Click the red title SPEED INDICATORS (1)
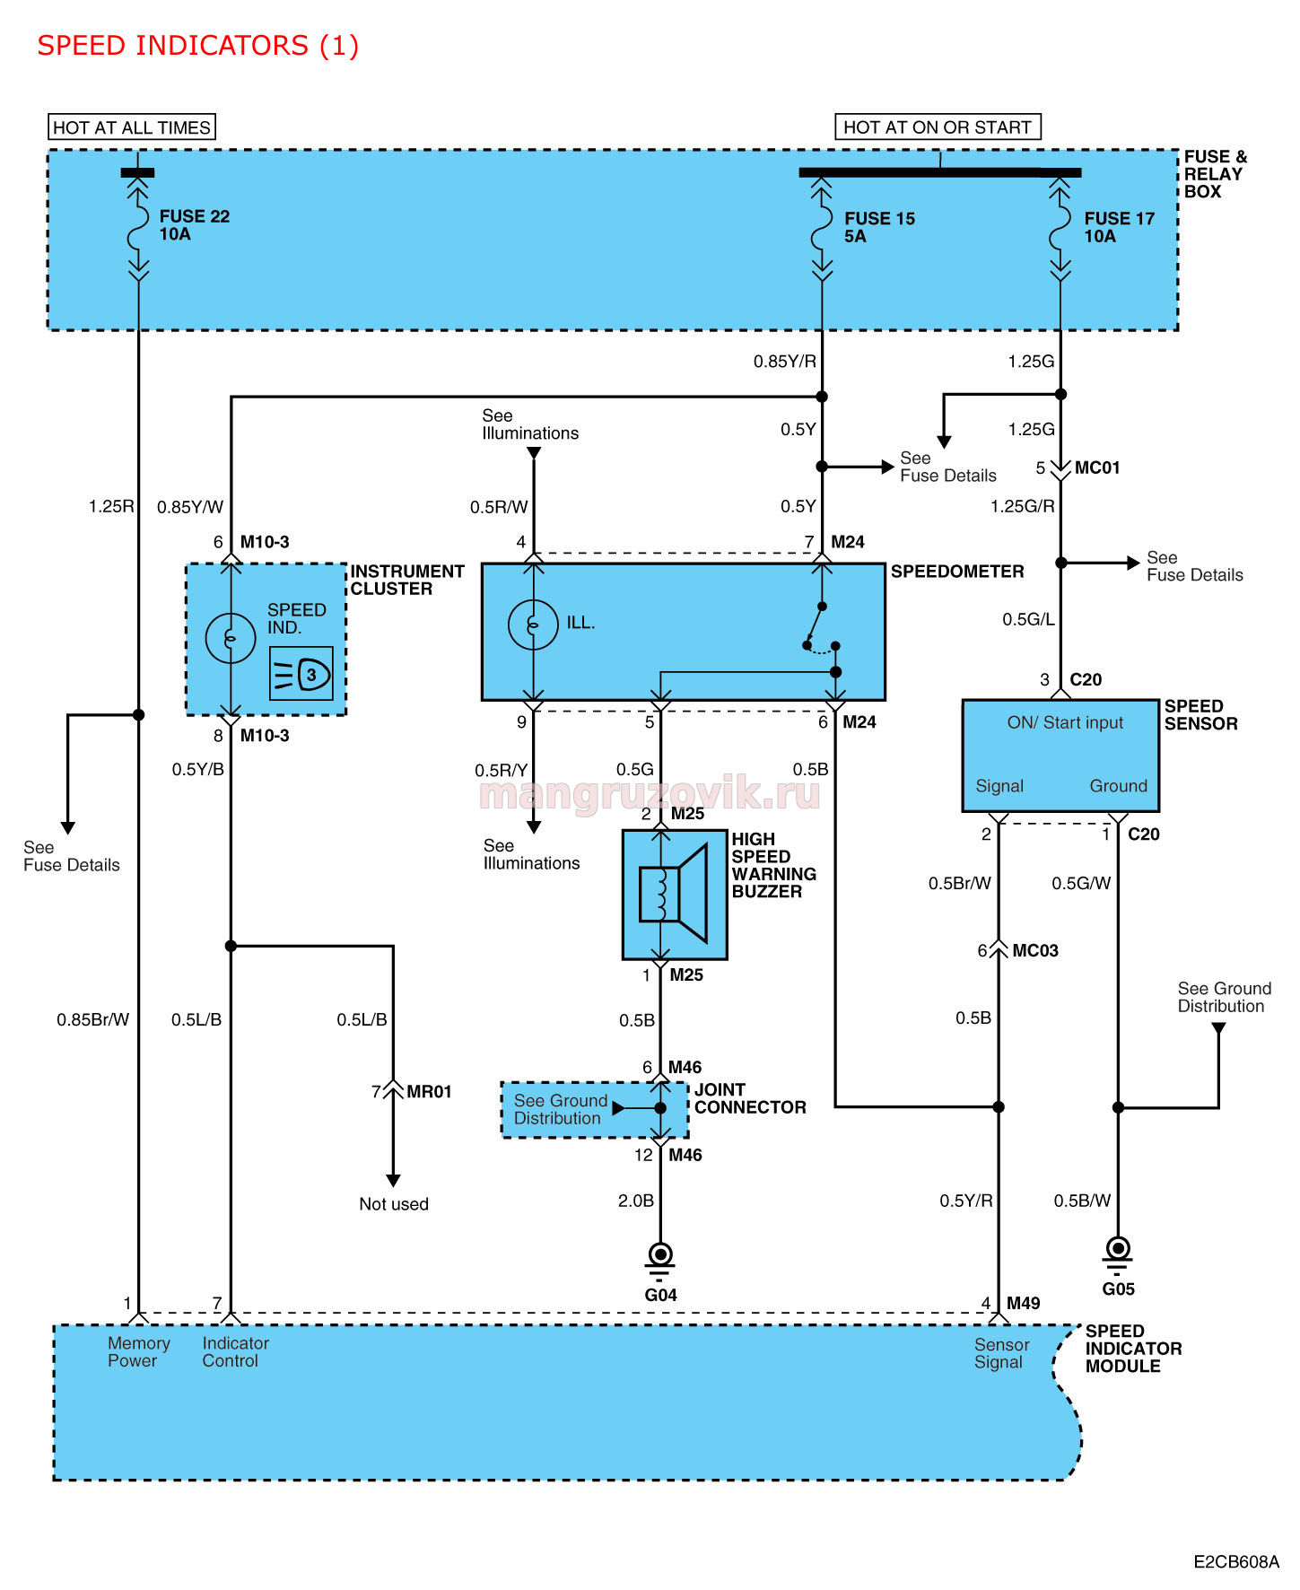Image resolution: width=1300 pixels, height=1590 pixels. pyautogui.click(x=197, y=45)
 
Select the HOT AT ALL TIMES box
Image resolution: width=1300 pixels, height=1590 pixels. pyautogui.click(x=132, y=127)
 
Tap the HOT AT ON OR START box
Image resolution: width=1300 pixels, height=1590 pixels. pyautogui.click(x=938, y=127)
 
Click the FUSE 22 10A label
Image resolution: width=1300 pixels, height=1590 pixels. pyautogui.click(x=194, y=225)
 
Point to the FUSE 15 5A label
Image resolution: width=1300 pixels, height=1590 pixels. pyautogui.click(x=879, y=227)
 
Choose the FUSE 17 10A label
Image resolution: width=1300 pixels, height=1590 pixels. pyautogui.click(x=1119, y=227)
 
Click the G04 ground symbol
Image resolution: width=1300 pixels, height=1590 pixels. pyautogui.click(x=660, y=1260)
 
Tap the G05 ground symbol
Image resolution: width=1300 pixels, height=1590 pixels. pyautogui.click(x=1118, y=1254)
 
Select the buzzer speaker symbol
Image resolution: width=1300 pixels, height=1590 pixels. pyautogui.click(x=674, y=895)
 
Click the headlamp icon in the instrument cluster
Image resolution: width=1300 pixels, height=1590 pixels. pyautogui.click(x=301, y=673)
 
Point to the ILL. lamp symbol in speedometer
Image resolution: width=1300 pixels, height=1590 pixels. pyautogui.click(x=533, y=624)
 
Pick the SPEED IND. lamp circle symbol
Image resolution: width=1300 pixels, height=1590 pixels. pyautogui.click(x=231, y=638)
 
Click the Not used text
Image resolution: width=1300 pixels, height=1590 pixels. pyautogui.click(x=394, y=1204)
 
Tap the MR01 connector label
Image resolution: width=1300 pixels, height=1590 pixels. pyautogui.click(x=429, y=1092)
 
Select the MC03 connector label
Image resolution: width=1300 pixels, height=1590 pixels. pyautogui.click(x=1035, y=950)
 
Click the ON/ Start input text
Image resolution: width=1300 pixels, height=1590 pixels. pyautogui.click(x=1065, y=722)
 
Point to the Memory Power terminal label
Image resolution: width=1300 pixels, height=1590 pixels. pyautogui.click(x=138, y=1352)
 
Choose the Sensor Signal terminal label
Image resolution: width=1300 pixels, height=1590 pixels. pyautogui.click(x=1001, y=1353)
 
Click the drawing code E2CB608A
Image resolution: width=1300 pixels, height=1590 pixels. pyautogui.click(x=1236, y=1562)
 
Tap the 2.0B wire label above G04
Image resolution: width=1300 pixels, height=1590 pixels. pyautogui.click(x=636, y=1201)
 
